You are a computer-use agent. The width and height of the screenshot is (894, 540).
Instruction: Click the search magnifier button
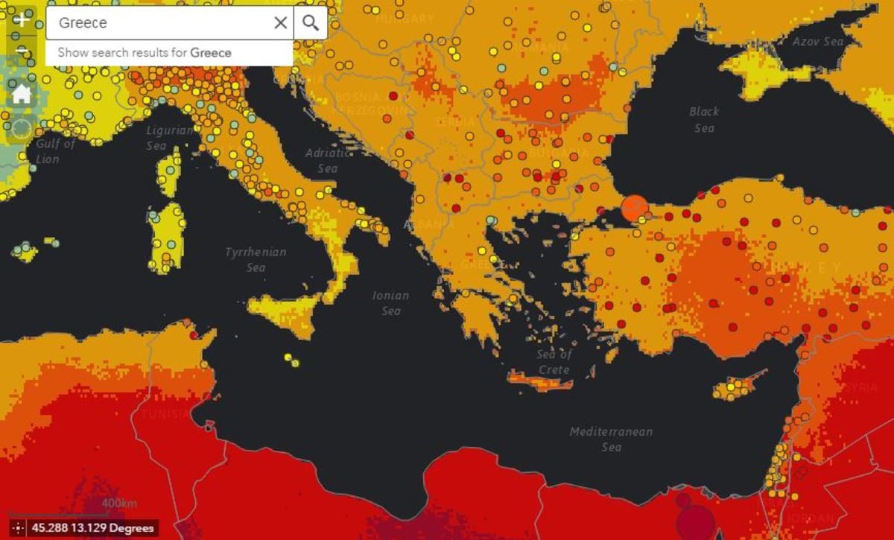click(311, 23)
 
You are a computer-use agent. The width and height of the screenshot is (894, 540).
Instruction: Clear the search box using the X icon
click(280, 23)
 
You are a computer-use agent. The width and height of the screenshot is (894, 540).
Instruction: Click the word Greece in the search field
click(83, 23)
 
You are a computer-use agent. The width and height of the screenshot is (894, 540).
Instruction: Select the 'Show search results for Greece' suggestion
click(145, 53)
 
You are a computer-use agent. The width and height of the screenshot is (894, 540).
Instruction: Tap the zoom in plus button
click(22, 19)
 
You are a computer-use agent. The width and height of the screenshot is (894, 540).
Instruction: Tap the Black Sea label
click(704, 120)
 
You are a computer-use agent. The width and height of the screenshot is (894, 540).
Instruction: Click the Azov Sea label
click(817, 42)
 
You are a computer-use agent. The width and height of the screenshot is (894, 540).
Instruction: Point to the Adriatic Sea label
click(327, 160)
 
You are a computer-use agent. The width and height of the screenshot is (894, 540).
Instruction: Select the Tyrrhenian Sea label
click(256, 260)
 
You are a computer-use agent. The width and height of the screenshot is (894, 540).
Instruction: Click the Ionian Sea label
click(391, 303)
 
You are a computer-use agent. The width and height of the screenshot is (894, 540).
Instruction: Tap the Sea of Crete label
click(554, 362)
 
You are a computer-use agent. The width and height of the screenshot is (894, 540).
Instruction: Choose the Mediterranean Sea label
click(611, 439)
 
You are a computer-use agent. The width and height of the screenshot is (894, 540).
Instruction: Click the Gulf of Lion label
click(56, 151)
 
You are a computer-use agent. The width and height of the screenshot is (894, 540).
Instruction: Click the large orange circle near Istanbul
click(634, 208)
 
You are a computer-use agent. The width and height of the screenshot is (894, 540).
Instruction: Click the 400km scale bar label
click(119, 504)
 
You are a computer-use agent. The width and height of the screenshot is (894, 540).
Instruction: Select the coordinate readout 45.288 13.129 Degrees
click(92, 528)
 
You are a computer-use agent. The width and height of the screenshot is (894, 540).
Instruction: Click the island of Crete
click(540, 384)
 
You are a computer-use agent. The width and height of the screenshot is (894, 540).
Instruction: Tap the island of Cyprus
click(734, 388)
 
